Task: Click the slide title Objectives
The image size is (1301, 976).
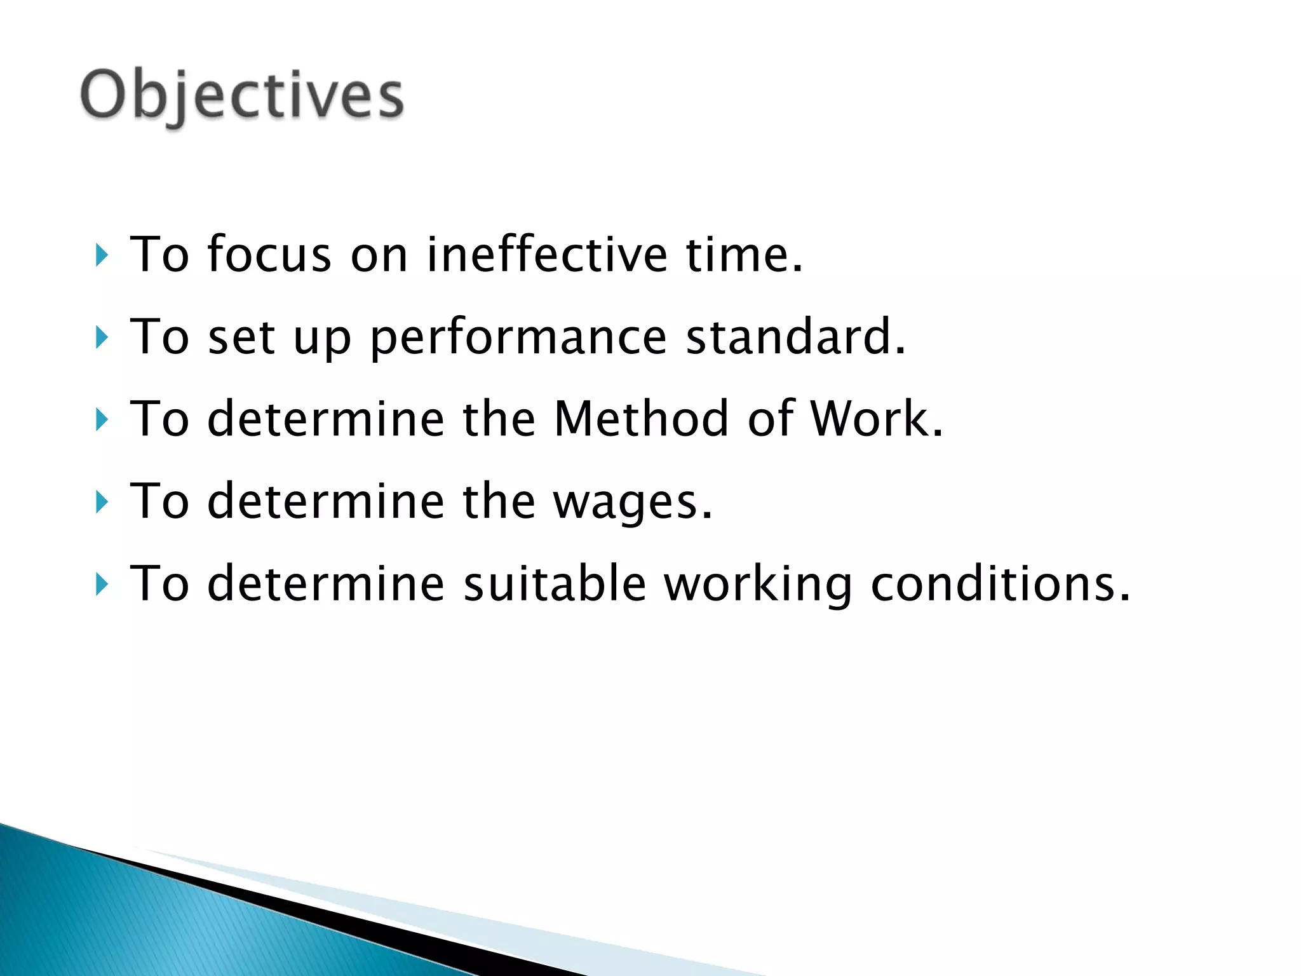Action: pos(241,95)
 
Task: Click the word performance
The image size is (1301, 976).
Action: pos(518,338)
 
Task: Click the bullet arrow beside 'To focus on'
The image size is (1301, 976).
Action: pos(102,255)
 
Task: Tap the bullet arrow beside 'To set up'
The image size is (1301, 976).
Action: pos(102,337)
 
